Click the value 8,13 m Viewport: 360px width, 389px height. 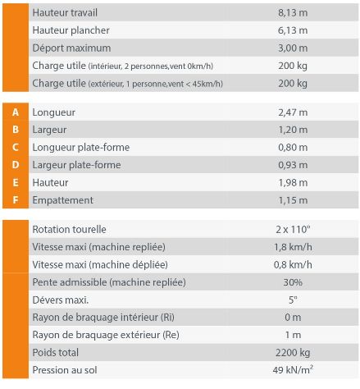pyautogui.click(x=293, y=13)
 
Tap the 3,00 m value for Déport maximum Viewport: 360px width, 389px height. pyautogui.click(x=293, y=48)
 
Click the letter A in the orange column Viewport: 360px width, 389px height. pyautogui.click(x=16, y=112)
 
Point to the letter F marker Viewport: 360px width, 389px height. pyautogui.click(x=16, y=200)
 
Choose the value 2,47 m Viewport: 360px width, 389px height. pyautogui.click(x=293, y=112)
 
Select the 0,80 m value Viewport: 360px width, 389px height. pyautogui.click(x=293, y=148)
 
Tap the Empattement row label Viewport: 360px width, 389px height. pyautogui.click(x=62, y=200)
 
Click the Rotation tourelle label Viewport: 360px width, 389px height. pyautogui.click(x=69, y=229)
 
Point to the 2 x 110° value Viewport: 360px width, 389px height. pyautogui.click(x=293, y=229)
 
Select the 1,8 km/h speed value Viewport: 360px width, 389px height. pyautogui.click(x=293, y=246)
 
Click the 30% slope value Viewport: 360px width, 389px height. pyautogui.click(x=293, y=282)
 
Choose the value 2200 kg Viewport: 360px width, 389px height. pyautogui.click(x=293, y=353)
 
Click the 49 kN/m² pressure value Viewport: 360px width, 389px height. pyautogui.click(x=293, y=371)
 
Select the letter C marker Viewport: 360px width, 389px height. pyautogui.click(x=16, y=148)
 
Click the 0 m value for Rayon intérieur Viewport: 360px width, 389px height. pyautogui.click(x=293, y=318)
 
